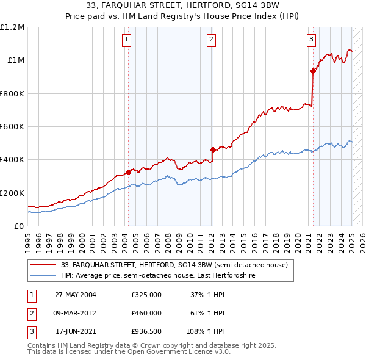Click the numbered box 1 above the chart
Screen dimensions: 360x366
126,40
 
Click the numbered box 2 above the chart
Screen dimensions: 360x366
211,40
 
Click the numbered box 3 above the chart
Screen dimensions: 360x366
311,40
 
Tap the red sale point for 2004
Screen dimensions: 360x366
129,172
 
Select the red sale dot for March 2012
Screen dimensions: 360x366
213,149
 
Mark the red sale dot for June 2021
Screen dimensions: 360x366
313,71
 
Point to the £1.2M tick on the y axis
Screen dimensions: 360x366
12,27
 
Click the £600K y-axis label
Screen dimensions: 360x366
12,127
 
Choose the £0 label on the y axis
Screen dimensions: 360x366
18,226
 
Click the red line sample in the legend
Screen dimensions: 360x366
43,265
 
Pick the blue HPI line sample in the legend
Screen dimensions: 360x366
43,275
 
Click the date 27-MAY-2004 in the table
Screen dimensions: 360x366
76,295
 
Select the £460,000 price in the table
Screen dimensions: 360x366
146,313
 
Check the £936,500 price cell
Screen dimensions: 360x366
146,331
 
